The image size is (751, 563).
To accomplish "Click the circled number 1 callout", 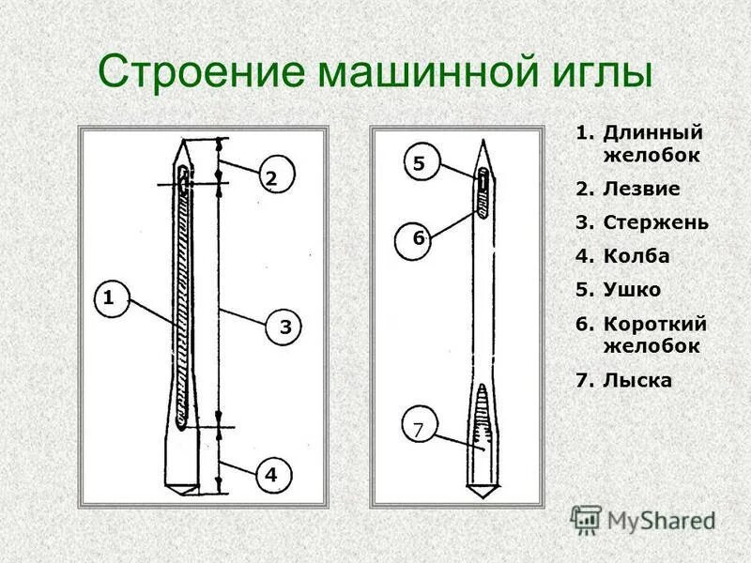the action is pyautogui.click(x=109, y=299).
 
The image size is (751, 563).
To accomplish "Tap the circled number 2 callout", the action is pyautogui.click(x=271, y=177).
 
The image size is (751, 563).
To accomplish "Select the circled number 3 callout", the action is pyautogui.click(x=286, y=327).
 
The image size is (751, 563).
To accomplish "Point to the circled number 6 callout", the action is pyautogui.click(x=419, y=238).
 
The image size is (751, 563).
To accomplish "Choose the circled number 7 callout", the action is pyautogui.click(x=419, y=430).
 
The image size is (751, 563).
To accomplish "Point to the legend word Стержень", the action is pyautogui.click(x=655, y=222).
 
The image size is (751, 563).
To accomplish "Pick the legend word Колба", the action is pyautogui.click(x=636, y=256).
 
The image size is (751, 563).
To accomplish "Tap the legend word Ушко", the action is pyautogui.click(x=632, y=290).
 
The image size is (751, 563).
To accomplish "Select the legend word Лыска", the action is pyautogui.click(x=636, y=380).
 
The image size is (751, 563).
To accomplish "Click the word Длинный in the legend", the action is pyautogui.click(x=652, y=134).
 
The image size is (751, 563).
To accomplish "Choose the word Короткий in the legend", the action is pyautogui.click(x=654, y=324).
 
